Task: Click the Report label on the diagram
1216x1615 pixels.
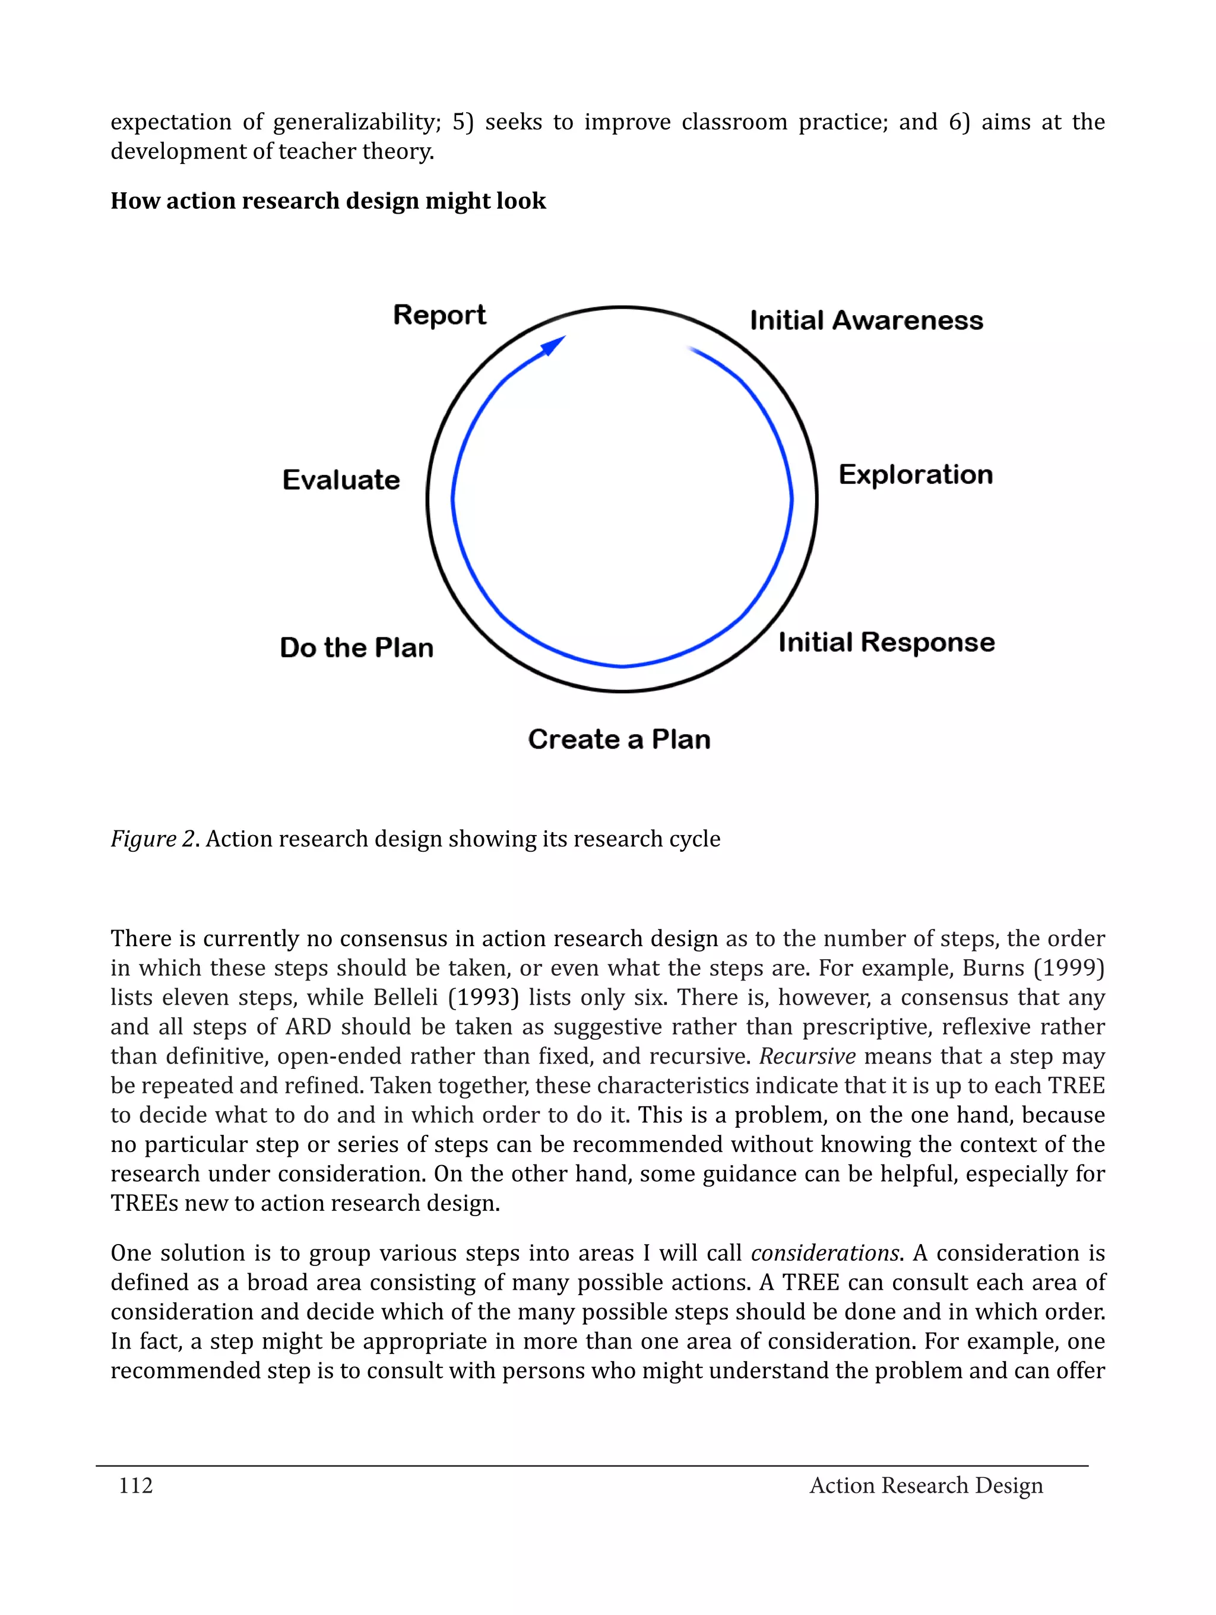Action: coord(439,315)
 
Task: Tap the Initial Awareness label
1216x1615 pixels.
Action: coord(866,321)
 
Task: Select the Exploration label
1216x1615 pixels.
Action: coord(915,475)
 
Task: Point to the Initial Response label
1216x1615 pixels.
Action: coord(886,642)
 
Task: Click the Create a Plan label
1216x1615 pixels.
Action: coord(619,740)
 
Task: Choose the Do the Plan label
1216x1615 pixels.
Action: coord(356,648)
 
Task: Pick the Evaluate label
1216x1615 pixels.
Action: coord(341,480)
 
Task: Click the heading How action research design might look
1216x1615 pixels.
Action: coord(328,201)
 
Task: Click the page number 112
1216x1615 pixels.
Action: coord(136,1485)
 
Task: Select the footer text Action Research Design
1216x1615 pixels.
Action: coord(926,1485)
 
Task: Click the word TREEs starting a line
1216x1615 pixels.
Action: coord(143,1203)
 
